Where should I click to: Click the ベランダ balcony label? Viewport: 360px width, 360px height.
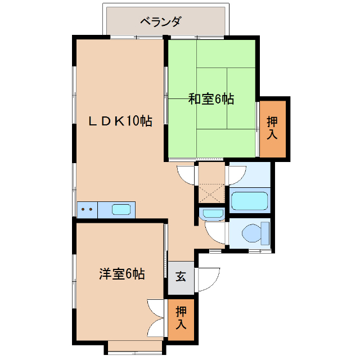pos(160,22)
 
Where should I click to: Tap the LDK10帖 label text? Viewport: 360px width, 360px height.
pos(120,120)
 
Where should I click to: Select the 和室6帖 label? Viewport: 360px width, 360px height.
pos(211,100)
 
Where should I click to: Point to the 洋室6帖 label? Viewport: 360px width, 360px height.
pos(122,274)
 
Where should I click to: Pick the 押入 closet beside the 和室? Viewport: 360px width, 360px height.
pos(273,128)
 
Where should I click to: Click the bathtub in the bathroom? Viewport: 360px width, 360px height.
pos(249,201)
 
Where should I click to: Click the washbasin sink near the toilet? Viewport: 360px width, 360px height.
pos(213,214)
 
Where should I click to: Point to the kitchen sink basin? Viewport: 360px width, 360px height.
pos(122,210)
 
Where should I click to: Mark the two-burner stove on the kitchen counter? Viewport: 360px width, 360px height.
pos(87,210)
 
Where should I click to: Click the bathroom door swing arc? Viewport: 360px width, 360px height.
pos(236,174)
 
